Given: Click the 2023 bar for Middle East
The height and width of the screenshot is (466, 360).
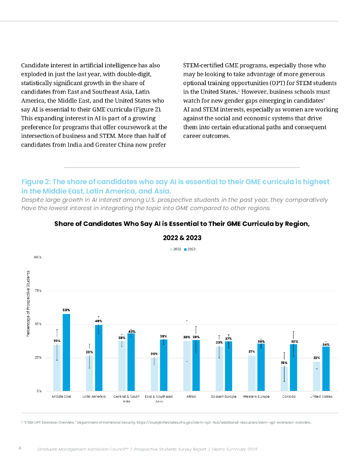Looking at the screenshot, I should pyautogui.click(x=66, y=352).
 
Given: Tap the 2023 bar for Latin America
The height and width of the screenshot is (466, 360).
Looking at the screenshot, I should pyautogui.click(x=99, y=358).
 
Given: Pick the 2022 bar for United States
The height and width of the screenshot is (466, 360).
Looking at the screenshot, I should pyautogui.click(x=316, y=376).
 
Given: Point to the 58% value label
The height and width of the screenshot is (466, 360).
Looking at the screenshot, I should pyautogui.click(x=66, y=310).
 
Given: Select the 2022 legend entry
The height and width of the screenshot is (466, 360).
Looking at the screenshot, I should pyautogui.click(x=176, y=249).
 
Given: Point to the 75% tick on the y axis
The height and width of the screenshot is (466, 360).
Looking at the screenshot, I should pyautogui.click(x=38, y=290).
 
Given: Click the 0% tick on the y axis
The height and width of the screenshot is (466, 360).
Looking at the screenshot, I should pyautogui.click(x=39, y=391).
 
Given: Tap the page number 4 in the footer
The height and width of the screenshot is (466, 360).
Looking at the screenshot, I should pyautogui.click(x=20, y=449).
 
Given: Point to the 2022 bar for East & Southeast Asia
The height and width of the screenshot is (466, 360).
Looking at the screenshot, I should pyautogui.click(x=155, y=374).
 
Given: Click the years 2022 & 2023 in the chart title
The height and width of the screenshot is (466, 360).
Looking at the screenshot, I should pyautogui.click(x=182, y=238).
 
